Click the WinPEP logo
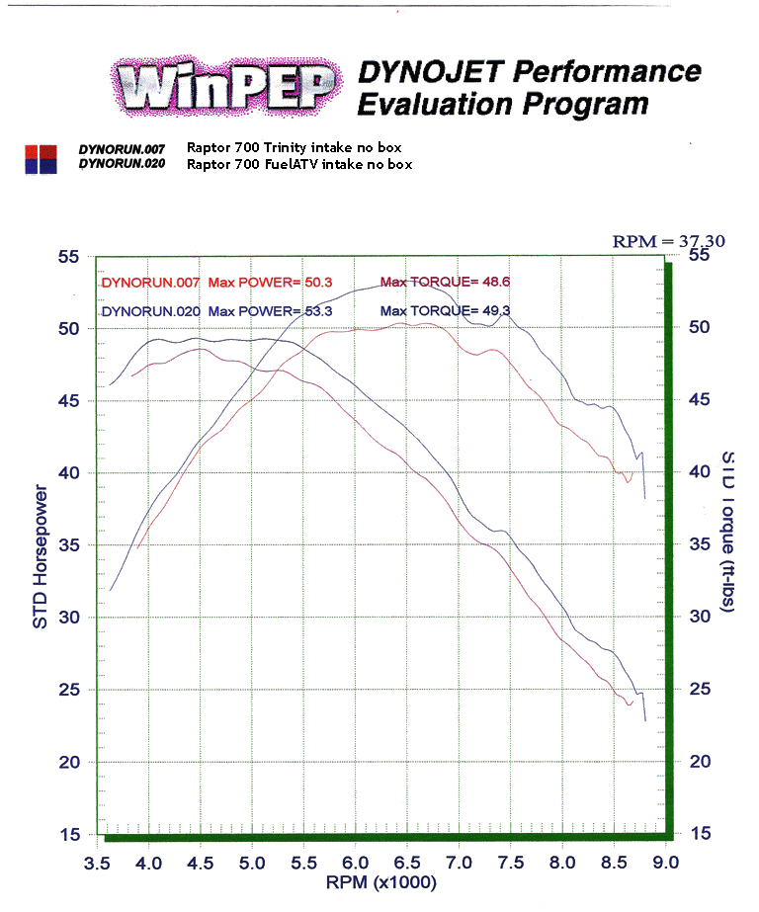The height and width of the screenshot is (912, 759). (x=226, y=87)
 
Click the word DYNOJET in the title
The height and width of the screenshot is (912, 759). (x=414, y=71)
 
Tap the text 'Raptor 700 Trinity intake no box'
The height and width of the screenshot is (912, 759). (x=298, y=148)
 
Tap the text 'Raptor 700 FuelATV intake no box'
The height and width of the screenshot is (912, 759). (x=299, y=164)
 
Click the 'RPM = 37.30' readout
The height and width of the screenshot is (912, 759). (x=655, y=241)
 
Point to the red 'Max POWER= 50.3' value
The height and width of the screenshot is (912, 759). (x=270, y=283)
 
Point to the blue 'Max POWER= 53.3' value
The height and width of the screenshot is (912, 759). (x=271, y=311)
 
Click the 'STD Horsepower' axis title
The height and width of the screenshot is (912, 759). (x=41, y=556)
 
